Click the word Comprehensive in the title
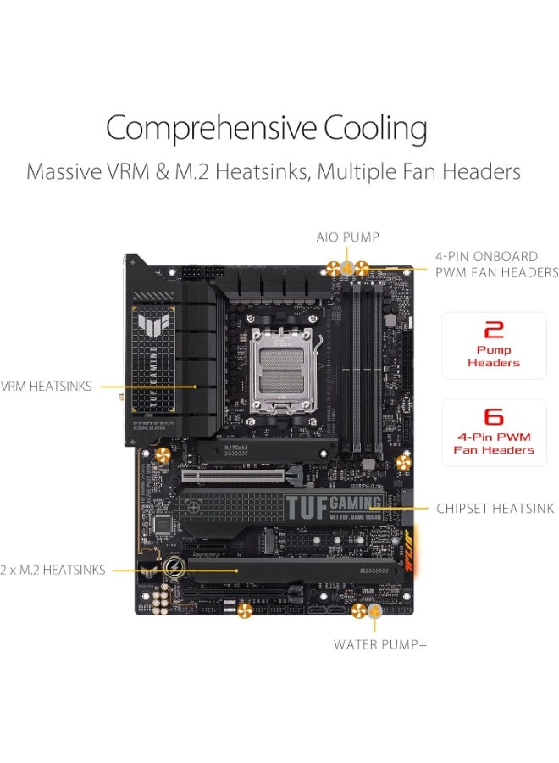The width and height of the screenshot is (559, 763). pos(211,130)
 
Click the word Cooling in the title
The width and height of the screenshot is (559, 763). pos(375,130)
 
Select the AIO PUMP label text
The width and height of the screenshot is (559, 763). pos(347,237)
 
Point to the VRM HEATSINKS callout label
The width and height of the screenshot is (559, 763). pos(48,387)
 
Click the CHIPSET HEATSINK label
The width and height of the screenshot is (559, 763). pos(495,509)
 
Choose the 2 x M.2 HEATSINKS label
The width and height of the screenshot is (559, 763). pos(53,570)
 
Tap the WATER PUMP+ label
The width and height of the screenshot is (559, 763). pos(380,644)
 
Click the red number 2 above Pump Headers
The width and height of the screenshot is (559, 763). pos(494,330)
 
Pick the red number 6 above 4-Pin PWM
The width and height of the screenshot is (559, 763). pos(494,417)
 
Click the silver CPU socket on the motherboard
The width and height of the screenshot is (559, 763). pos(282,358)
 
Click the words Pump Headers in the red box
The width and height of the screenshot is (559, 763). pos(494,356)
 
